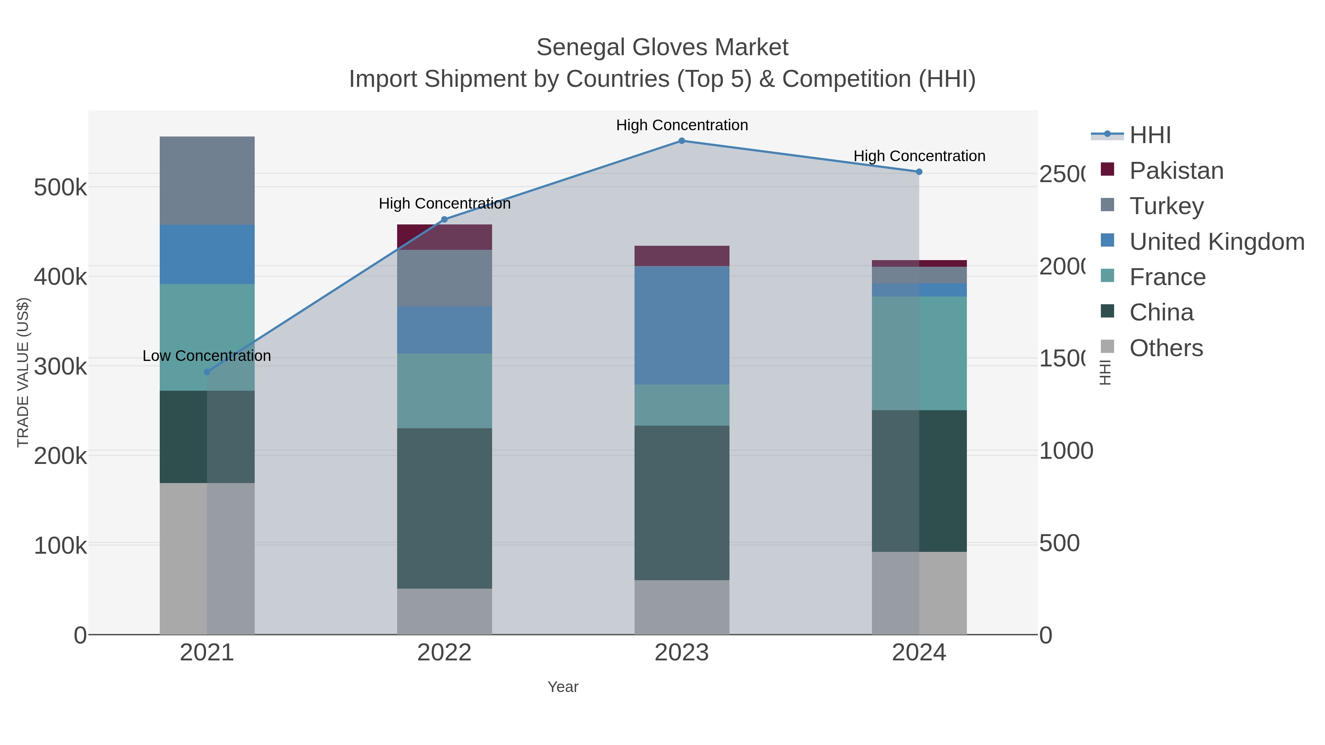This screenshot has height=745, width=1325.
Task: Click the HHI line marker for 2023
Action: [x=682, y=141]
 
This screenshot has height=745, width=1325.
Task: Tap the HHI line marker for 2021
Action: [x=207, y=372]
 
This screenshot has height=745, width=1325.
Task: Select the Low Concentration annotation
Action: [x=207, y=356]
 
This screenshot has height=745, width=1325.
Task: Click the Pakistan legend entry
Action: [x=1176, y=171]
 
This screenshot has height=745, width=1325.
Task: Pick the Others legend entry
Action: [x=1166, y=348]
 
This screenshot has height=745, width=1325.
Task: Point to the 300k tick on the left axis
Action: [x=60, y=366]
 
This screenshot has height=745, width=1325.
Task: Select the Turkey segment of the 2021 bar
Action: [x=207, y=181]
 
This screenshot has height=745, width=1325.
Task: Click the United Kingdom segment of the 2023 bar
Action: [x=682, y=325]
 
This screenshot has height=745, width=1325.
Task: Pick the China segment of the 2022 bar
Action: [x=444, y=508]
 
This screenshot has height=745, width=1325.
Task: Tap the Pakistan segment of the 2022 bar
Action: [x=444, y=237]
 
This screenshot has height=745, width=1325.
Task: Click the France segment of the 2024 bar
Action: [x=919, y=353]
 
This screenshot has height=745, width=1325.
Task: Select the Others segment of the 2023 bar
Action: [x=682, y=607]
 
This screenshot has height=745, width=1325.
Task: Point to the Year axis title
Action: [x=563, y=687]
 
